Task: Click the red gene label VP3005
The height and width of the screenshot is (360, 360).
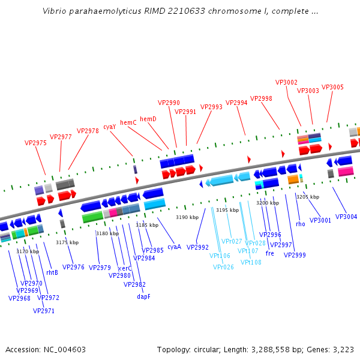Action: pyautogui.click(x=332, y=87)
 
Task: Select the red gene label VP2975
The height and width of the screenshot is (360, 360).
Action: pyautogui.click(x=35, y=143)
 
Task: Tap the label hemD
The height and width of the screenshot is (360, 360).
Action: pyautogui.click(x=148, y=119)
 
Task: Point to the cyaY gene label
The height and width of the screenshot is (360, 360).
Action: pyautogui.click(x=110, y=127)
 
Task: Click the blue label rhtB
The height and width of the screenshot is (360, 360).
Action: pyautogui.click(x=52, y=272)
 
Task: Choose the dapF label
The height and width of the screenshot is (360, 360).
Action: pyautogui.click(x=143, y=296)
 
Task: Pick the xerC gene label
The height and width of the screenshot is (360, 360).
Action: pyautogui.click(x=125, y=268)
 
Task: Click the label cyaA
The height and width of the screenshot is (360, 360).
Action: pyautogui.click(x=174, y=247)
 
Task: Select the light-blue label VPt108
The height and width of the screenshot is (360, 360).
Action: pyautogui.click(x=251, y=262)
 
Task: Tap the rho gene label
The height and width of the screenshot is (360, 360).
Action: pyautogui.click(x=300, y=224)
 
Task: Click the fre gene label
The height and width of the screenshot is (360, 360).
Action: pyautogui.click(x=269, y=253)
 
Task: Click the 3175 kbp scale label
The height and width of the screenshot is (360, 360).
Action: pyautogui.click(x=67, y=242)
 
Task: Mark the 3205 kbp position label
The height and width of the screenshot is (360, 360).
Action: pyautogui.click(x=308, y=197)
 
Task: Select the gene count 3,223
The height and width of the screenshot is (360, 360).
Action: pyautogui.click(x=343, y=349)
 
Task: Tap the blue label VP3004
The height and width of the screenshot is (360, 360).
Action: pyautogui.click(x=346, y=217)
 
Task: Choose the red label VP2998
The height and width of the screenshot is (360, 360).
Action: pyautogui.click(x=261, y=98)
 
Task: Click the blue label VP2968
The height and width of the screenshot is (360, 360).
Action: pyautogui.click(x=19, y=298)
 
